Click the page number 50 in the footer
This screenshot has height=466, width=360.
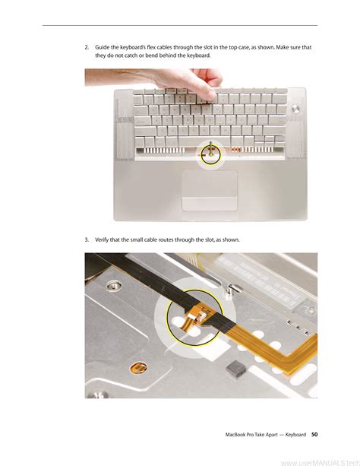tap(314, 434)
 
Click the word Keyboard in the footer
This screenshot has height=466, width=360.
tap(295, 435)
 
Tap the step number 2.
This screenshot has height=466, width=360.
tap(87, 47)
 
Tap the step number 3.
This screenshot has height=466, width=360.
tap(87, 239)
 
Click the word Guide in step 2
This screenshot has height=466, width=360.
tap(102, 47)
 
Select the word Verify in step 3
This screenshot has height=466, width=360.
tap(102, 239)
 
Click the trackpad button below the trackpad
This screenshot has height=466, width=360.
tap(210, 204)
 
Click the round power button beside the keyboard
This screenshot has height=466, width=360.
tap(295, 109)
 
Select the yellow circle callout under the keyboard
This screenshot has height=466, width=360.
tap(211, 155)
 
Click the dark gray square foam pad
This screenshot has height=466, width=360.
tap(236, 369)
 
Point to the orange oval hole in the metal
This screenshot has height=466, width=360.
tap(138, 368)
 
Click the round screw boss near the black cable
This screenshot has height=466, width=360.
tap(113, 287)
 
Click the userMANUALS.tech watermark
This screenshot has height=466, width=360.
tap(321, 462)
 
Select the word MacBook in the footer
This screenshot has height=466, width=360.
tap(235, 435)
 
